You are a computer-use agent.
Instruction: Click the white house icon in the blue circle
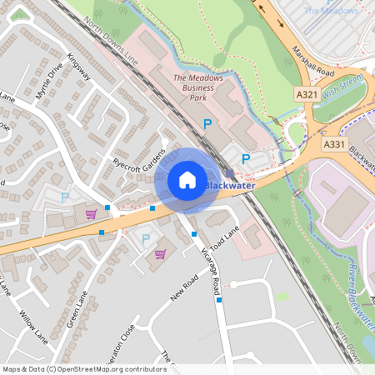[x=187, y=180]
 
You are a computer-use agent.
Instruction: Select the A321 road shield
[x=306, y=97]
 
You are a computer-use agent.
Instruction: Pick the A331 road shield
[x=333, y=144]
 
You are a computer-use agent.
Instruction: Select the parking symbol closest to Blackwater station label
[x=246, y=158]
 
